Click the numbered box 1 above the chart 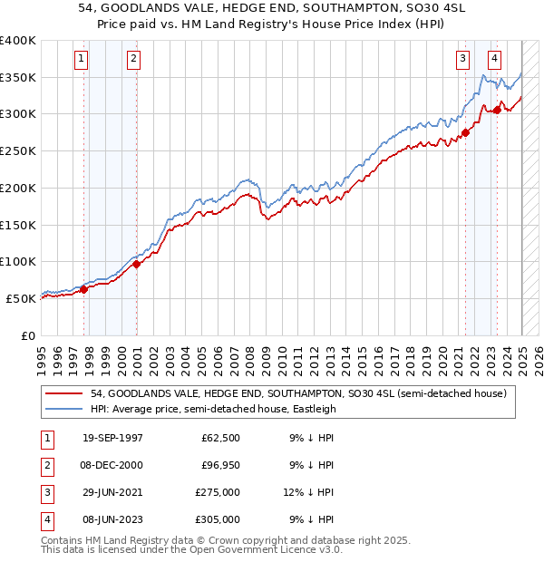[x=81, y=60]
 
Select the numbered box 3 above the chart [x=462, y=60]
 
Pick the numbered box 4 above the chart [x=494, y=60]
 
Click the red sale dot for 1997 [x=84, y=289]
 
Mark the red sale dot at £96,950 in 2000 [x=137, y=264]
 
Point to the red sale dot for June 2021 [x=465, y=132]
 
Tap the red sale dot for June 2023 [x=497, y=110]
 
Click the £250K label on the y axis [x=18, y=150]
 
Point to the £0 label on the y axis [x=27, y=335]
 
